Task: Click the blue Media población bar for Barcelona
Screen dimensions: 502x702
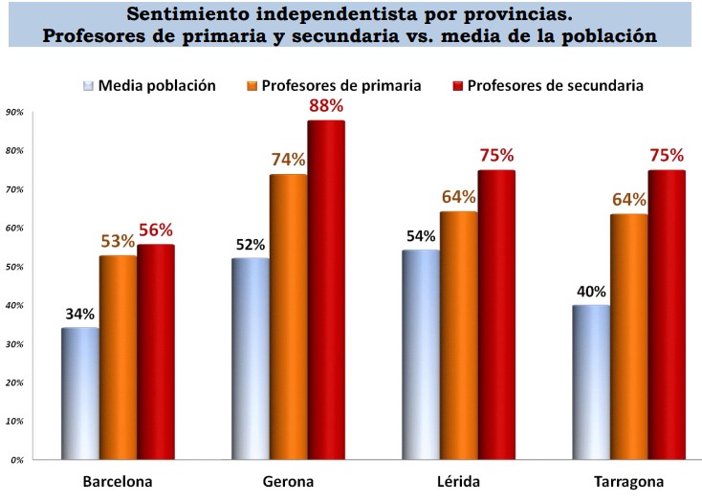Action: point(79,393)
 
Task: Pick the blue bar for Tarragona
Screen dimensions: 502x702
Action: point(591,382)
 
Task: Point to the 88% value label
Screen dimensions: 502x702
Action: point(326,105)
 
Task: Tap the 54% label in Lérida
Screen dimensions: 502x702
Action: point(422,235)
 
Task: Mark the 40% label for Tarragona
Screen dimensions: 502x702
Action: point(592,289)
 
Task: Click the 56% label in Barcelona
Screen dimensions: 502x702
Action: point(155,229)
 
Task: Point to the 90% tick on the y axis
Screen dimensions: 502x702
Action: point(14,112)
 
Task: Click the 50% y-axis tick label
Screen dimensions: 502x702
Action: point(14,267)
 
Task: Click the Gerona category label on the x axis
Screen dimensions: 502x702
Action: point(288,480)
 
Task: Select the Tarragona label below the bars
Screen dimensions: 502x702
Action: point(628,480)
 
